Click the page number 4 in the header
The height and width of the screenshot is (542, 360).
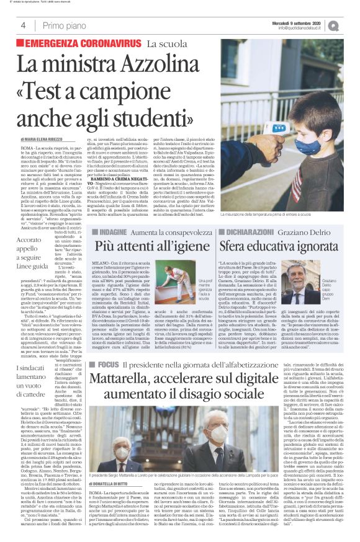(23, 25)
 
